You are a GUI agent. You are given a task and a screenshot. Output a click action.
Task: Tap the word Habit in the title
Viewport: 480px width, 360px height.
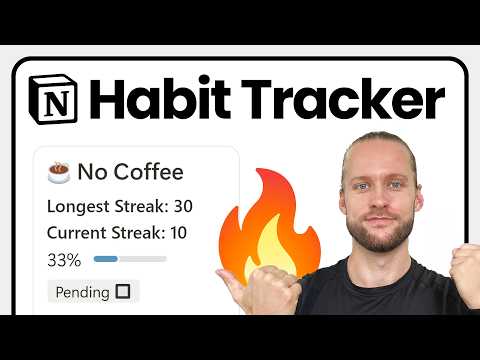coord(146,101)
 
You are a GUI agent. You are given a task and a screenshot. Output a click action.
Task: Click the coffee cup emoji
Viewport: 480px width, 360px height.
coord(59,173)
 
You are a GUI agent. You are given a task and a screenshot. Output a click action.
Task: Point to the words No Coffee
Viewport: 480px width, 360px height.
coord(129,172)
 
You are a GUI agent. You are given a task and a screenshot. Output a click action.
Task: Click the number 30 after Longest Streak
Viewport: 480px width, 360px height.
coord(182,208)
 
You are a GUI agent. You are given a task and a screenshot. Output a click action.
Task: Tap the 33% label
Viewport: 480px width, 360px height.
coord(63,260)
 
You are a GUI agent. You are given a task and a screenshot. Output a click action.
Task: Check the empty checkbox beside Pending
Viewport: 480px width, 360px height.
coord(123,292)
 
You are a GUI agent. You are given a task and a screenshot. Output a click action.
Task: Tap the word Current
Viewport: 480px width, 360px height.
coord(76,234)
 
